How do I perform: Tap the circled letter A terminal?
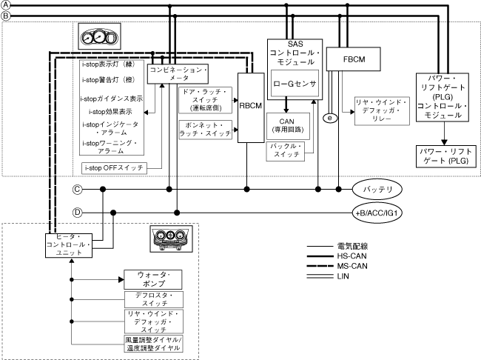[7, 5]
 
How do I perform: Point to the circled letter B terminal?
[7, 14]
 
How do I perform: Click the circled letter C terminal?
[77, 190]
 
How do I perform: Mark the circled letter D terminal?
[77, 213]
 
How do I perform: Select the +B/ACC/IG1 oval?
[382, 213]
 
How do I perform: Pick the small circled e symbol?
[331, 117]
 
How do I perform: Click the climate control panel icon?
[171, 238]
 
